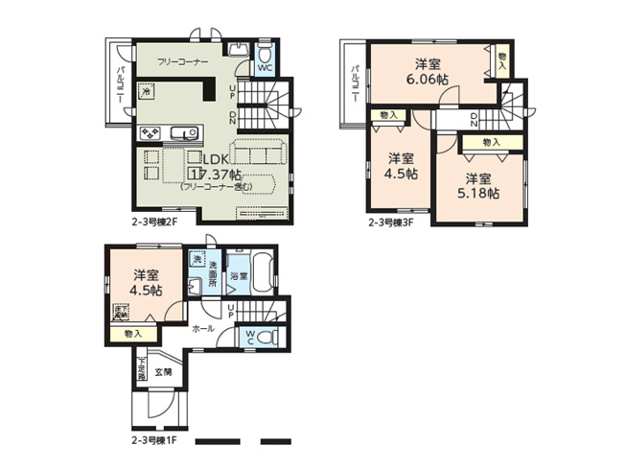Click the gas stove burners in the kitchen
point(151,132)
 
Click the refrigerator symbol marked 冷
point(147,93)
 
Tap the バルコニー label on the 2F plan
point(117,86)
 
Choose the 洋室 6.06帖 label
point(428,73)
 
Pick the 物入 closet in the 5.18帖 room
point(490,142)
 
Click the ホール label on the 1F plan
point(202,328)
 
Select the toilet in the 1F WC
point(263,337)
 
